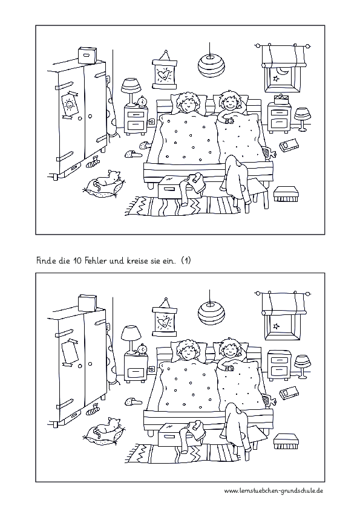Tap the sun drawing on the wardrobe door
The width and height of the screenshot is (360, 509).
click(x=69, y=105)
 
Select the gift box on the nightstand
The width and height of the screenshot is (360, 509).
click(x=280, y=99)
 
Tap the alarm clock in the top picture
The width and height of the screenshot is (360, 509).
click(x=142, y=102)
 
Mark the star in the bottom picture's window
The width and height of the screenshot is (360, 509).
click(x=277, y=326)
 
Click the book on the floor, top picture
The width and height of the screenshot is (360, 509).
click(x=289, y=145)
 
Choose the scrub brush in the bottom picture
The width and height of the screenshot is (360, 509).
click(x=284, y=441)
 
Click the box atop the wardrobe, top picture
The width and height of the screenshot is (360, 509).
click(x=87, y=55)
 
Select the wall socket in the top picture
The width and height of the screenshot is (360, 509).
click(x=151, y=122)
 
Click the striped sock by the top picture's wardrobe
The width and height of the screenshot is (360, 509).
click(x=93, y=161)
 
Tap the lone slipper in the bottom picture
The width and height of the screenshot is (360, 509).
click(x=133, y=401)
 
